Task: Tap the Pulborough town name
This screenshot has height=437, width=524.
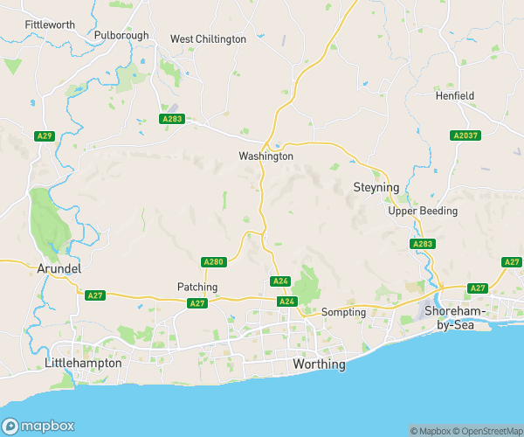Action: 121,36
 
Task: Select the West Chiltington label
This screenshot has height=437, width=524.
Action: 208,39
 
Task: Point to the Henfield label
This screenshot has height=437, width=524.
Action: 454,96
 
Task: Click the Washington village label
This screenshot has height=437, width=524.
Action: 266,156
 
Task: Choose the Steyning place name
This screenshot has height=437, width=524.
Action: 376,188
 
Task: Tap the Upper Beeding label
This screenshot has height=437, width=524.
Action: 423,212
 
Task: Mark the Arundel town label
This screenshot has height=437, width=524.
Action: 59,269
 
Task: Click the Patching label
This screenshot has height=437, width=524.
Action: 197,287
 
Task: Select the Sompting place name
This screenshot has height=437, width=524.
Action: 343,312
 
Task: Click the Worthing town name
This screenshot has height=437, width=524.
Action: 318,364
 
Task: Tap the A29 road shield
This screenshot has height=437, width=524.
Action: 45,135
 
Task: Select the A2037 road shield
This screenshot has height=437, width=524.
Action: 464,135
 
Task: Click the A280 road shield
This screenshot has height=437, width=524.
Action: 214,261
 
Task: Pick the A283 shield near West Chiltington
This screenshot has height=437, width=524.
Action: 172,118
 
